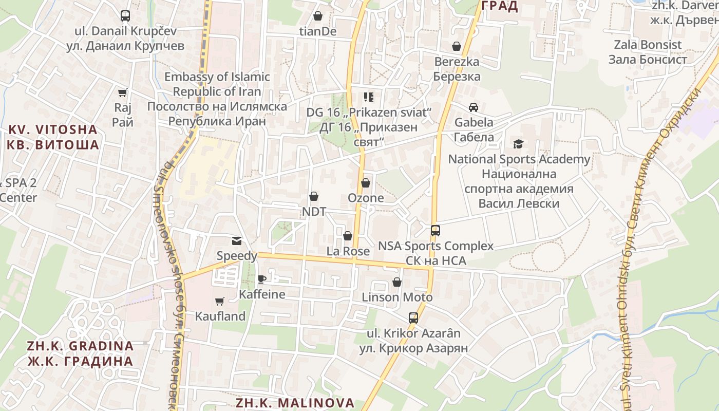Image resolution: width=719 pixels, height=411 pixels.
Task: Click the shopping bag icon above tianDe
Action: pos(318,16)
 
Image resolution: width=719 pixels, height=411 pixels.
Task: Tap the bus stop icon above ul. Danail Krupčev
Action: pos(125,15)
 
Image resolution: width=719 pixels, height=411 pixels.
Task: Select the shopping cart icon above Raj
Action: pos(122,92)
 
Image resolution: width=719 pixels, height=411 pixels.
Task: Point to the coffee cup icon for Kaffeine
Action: pos(262,279)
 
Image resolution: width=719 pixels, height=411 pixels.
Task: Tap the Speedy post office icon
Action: pos(236,240)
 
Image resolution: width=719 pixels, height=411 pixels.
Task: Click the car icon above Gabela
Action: pos(474,107)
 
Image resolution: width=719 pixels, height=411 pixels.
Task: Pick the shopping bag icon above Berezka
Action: pos(457,46)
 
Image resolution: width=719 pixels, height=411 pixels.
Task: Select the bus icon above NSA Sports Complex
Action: pos(436,230)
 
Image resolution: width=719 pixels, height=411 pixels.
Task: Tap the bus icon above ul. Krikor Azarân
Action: pos(413,317)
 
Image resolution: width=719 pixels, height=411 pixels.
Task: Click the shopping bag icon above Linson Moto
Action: pos(397,282)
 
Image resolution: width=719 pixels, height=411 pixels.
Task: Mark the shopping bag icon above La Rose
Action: pos(348,236)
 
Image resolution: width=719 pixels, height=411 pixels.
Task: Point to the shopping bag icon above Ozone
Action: pos(366,182)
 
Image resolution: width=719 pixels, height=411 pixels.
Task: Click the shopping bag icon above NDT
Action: pos(314,196)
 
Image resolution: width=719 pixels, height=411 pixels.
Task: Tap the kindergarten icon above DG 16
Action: pos(368,97)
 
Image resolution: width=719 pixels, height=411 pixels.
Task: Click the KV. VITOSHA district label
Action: pos(53,137)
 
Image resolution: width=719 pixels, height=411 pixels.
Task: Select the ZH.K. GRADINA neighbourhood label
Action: pos(81,353)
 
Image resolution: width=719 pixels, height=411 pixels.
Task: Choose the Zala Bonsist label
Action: pos(648,52)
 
